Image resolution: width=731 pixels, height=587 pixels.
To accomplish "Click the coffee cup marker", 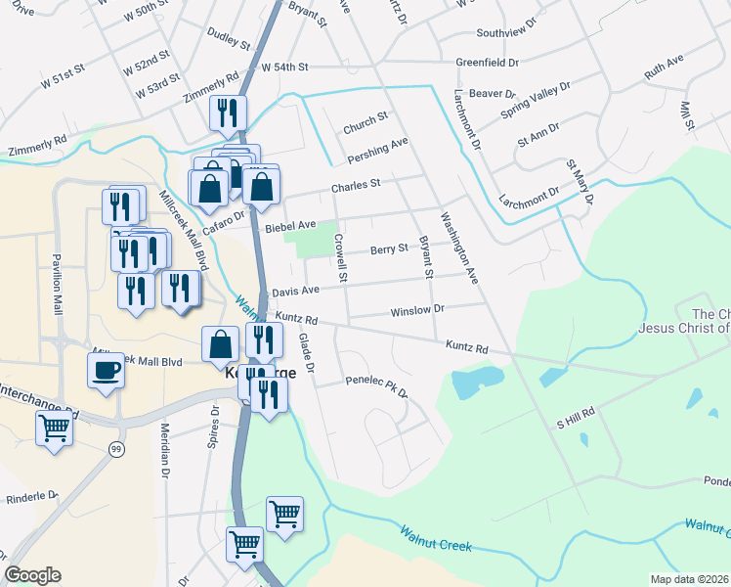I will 106,371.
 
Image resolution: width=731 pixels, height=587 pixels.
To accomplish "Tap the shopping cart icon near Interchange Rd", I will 54,428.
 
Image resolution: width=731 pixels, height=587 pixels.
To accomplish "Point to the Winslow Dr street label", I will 417,309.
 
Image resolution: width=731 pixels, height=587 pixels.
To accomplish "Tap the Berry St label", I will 389,249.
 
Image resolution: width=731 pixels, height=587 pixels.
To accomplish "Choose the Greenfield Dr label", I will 487,63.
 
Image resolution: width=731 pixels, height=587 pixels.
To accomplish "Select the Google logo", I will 32,575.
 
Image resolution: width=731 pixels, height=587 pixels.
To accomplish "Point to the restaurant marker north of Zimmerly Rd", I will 228,113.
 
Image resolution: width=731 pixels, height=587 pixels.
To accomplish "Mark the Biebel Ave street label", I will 290,226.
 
